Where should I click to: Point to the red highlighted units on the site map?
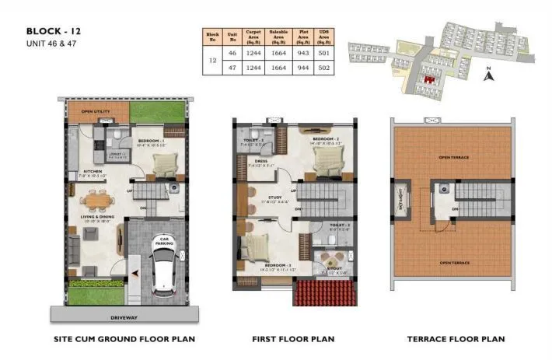(427, 78)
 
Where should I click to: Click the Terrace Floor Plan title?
(456, 339)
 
